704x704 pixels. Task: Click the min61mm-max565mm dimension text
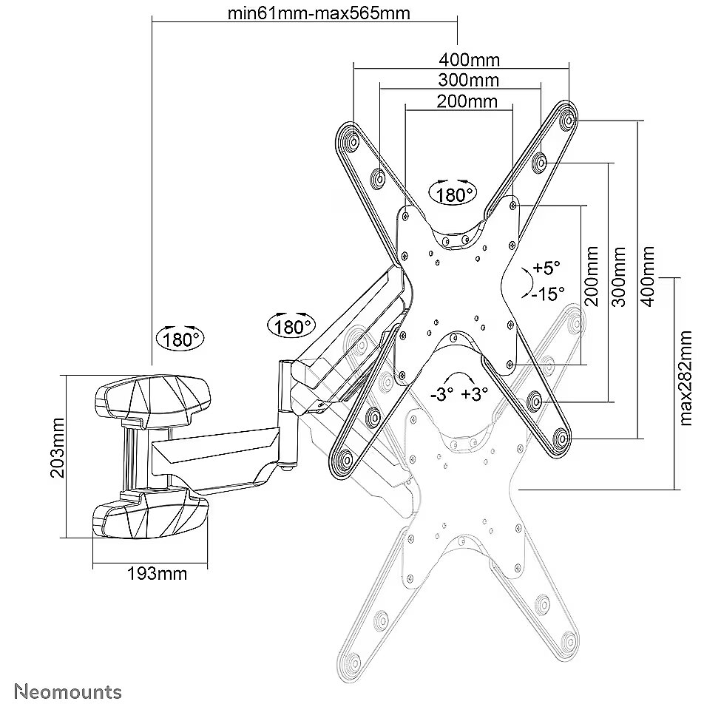(x=319, y=13)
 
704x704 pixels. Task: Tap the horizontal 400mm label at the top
(x=469, y=60)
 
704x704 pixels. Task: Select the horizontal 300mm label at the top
(x=469, y=81)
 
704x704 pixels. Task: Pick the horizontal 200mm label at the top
(x=467, y=101)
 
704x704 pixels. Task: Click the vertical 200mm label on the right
(x=592, y=277)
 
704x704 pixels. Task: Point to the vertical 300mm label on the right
(x=619, y=277)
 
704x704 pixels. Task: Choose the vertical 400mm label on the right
(x=648, y=277)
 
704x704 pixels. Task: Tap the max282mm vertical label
(x=686, y=378)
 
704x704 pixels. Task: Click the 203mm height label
(x=58, y=448)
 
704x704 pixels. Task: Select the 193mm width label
(x=157, y=574)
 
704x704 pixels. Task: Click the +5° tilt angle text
(x=546, y=268)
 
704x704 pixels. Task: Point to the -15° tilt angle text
(x=548, y=294)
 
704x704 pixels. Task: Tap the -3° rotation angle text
(x=441, y=395)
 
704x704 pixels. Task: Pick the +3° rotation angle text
(x=475, y=394)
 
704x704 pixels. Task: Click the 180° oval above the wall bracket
(x=180, y=339)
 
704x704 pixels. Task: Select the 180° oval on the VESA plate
(x=453, y=194)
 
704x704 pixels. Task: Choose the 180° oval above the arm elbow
(x=291, y=326)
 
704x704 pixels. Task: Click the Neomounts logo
(x=68, y=691)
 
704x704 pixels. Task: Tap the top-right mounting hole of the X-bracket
(x=569, y=121)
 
